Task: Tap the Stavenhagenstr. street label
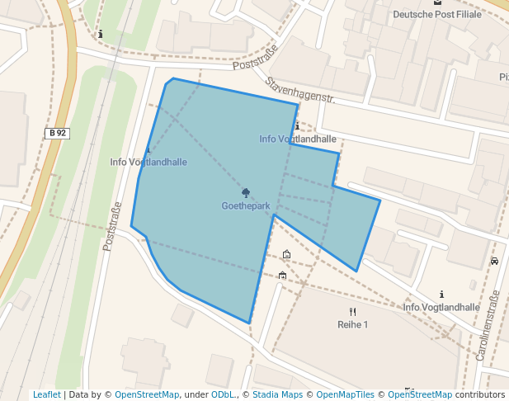click(299, 91)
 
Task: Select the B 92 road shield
click(57, 133)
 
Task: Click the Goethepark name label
click(246, 205)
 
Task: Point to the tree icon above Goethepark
click(246, 192)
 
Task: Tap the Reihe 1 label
click(352, 324)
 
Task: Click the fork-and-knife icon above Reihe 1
click(352, 311)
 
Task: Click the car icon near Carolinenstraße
click(494, 261)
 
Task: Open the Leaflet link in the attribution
click(46, 394)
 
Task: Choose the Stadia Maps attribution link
click(277, 394)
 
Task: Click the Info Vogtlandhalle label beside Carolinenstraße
click(441, 307)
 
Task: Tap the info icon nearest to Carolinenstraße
click(442, 294)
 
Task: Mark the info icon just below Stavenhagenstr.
click(297, 126)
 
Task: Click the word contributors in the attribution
click(480, 394)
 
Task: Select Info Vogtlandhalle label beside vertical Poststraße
click(148, 162)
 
